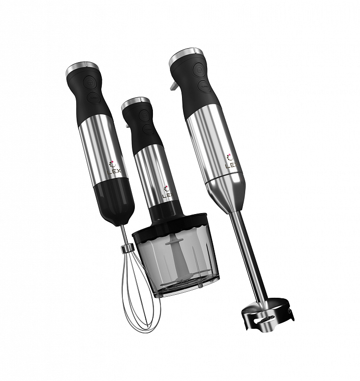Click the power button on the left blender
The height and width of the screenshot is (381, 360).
(90, 82)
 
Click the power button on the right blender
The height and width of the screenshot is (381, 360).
(200, 69)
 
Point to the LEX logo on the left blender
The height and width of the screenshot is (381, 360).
(113, 167)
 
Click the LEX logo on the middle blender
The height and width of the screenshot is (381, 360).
(167, 192)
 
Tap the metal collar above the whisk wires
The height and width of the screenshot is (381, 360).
(127, 248)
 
